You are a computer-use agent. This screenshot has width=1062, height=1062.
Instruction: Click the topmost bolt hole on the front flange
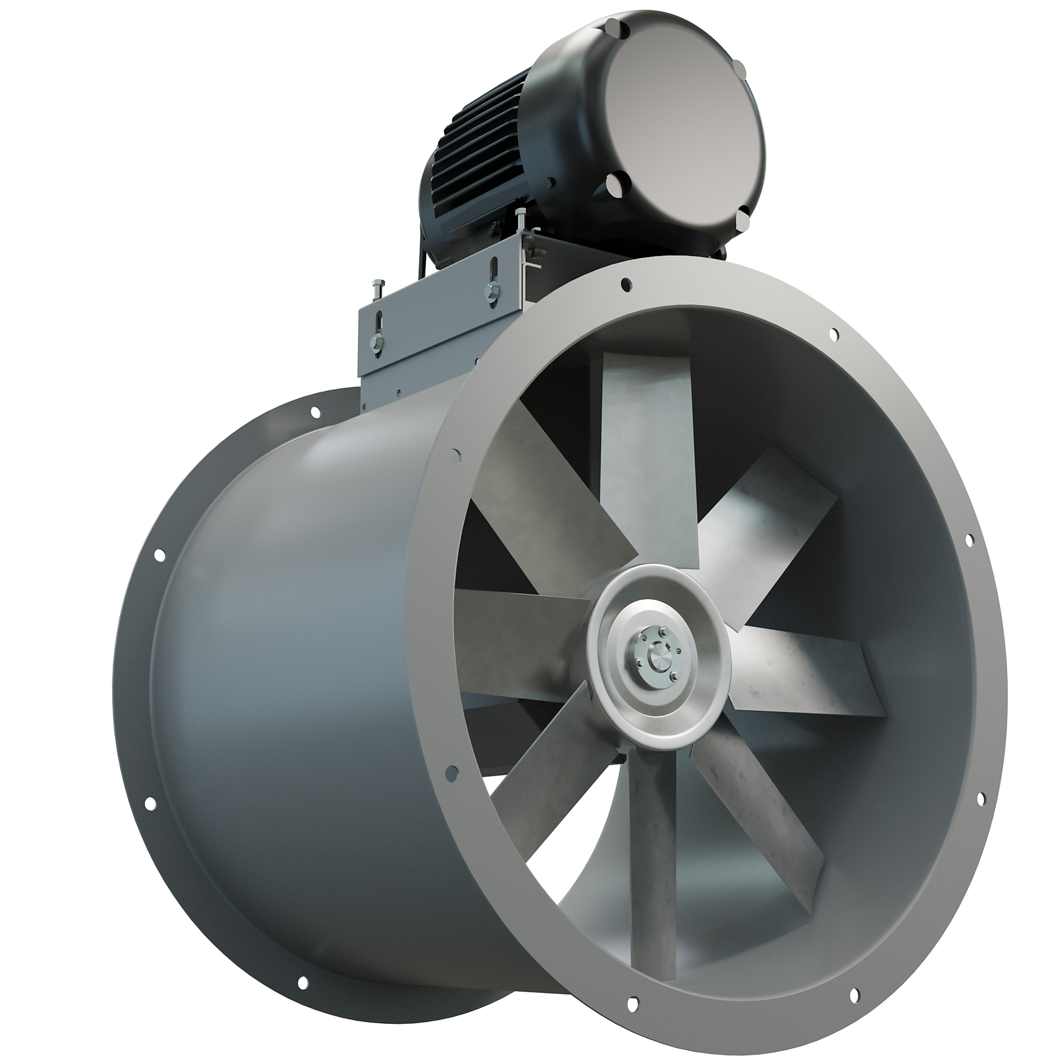point(625,284)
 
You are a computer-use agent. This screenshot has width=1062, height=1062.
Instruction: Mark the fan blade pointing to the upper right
point(769,528)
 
